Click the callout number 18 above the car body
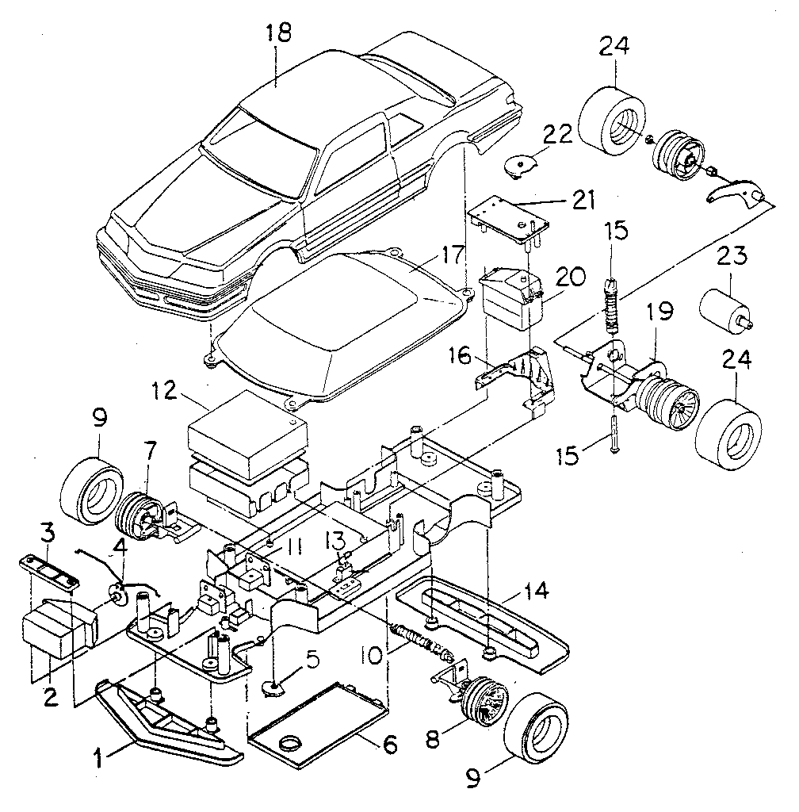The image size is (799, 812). point(279,33)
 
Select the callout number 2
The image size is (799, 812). point(49,697)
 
